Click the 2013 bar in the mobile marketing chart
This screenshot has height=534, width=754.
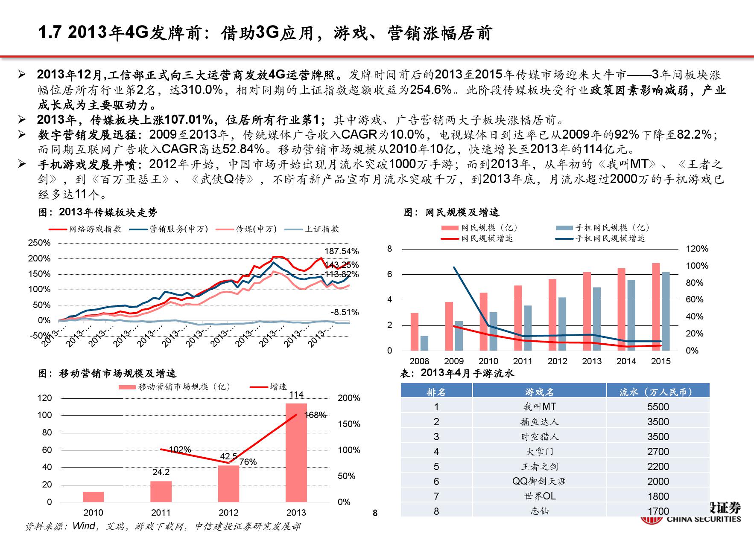(x=296, y=452)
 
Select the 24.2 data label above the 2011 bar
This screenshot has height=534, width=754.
(x=161, y=472)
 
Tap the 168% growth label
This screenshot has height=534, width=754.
(x=316, y=415)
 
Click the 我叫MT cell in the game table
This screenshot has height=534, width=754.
(x=539, y=407)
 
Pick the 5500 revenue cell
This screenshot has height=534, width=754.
(x=658, y=407)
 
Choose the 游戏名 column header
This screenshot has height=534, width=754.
(x=539, y=392)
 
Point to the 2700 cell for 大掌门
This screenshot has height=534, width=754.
(x=658, y=452)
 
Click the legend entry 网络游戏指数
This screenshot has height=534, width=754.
(x=95, y=229)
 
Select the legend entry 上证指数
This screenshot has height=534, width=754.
(x=321, y=229)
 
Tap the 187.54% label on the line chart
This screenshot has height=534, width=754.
(x=342, y=251)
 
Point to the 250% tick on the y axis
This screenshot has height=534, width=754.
(x=39, y=243)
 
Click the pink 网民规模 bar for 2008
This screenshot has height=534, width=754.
(x=415, y=332)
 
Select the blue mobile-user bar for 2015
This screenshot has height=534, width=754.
(x=665, y=311)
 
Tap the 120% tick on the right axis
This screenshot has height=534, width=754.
(x=697, y=249)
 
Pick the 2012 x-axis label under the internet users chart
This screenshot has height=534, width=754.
(x=557, y=361)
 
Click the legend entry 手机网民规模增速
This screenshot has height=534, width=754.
(x=610, y=238)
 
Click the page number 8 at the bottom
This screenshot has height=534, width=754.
(x=375, y=513)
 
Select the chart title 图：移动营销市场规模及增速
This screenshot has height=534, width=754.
(x=107, y=374)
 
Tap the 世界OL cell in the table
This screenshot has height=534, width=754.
(x=539, y=496)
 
